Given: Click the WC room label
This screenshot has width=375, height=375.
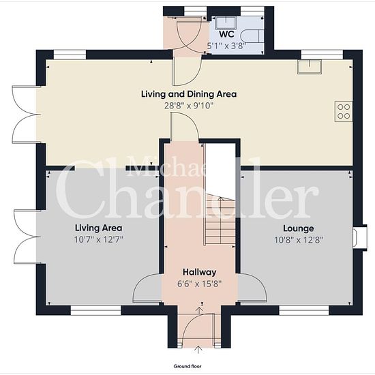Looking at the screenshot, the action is click(x=226, y=34).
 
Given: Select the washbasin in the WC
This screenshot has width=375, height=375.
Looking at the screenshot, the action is click(x=226, y=23).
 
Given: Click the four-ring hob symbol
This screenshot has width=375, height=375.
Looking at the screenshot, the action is click(x=344, y=111).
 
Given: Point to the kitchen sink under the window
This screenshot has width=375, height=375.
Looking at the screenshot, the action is click(x=310, y=67).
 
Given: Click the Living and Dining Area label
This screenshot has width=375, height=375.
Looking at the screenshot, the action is click(x=189, y=94).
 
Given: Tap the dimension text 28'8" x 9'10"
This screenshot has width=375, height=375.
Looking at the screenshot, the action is click(x=188, y=106).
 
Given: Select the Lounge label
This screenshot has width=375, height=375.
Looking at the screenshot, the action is click(x=299, y=228).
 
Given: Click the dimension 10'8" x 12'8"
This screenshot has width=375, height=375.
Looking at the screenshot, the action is click(x=299, y=240).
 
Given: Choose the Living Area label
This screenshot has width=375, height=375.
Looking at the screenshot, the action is click(x=99, y=228).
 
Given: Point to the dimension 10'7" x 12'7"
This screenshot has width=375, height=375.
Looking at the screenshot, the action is click(x=99, y=239).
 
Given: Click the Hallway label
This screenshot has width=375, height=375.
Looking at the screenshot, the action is click(x=200, y=272).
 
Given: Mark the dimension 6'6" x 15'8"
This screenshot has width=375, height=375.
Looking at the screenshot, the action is click(x=200, y=284).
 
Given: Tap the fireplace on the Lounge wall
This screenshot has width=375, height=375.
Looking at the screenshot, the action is click(x=360, y=237).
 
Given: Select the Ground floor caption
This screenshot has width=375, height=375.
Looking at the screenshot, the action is click(x=187, y=366).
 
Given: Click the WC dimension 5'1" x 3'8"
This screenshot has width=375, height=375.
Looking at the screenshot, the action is click(x=226, y=46).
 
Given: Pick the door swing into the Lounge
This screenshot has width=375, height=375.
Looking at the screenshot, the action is click(x=252, y=288).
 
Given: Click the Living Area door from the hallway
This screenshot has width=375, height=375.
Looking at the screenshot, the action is click(x=147, y=288).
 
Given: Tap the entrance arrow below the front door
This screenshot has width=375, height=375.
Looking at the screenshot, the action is click(x=198, y=349).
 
